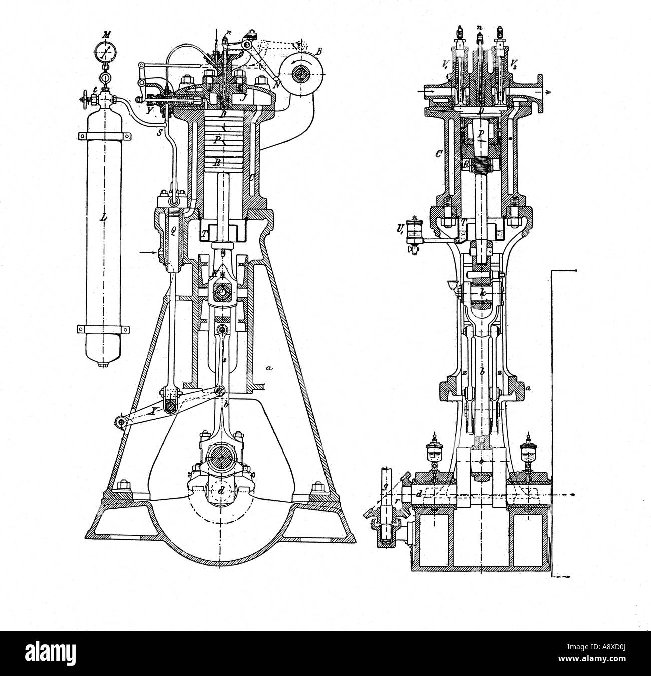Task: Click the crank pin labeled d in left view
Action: (221, 490)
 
